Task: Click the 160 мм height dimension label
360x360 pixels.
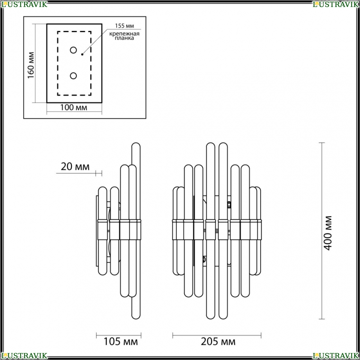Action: [31, 65]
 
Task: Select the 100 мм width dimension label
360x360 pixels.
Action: [74, 107]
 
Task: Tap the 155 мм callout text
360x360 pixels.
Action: [125, 26]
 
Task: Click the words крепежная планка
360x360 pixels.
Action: [124, 36]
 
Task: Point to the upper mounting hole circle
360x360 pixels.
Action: [73, 50]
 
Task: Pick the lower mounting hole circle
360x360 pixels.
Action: [73, 76]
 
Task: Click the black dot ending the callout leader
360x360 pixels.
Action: [82, 54]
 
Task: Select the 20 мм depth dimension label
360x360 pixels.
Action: [75, 167]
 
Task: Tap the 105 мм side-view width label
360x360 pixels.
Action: [121, 342]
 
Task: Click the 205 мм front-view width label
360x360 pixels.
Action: [218, 342]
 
